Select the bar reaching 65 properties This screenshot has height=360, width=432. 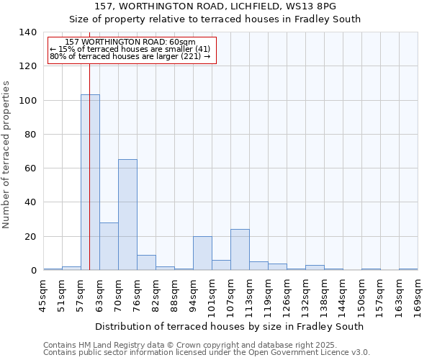(127, 215)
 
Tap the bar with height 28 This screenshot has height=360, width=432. (109, 246)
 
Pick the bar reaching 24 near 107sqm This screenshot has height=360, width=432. (240, 250)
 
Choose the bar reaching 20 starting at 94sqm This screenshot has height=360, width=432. (202, 253)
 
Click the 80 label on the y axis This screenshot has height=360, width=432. (30, 135)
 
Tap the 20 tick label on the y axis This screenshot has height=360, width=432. (30, 237)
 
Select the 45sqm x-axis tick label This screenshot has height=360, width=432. (44, 295)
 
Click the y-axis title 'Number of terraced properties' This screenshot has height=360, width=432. (6, 155)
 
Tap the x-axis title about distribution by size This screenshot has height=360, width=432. (229, 326)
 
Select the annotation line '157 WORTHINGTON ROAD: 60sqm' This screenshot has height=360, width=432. (130, 42)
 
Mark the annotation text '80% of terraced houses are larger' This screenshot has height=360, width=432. (130, 56)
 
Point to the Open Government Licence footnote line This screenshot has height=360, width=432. (206, 353)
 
